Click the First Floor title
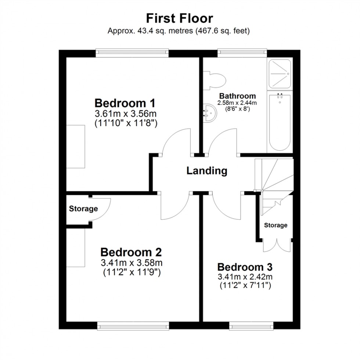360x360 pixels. (x=180, y=18)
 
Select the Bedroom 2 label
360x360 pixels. (x=131, y=253)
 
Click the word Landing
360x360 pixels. (x=207, y=171)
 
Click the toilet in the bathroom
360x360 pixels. (x=215, y=80)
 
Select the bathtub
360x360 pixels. (x=280, y=122)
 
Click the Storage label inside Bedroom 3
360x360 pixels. (x=276, y=225)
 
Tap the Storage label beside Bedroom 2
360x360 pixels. (x=83, y=209)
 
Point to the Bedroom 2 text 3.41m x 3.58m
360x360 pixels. (x=131, y=263)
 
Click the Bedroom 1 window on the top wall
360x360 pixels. (x=132, y=53)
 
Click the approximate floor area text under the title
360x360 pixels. (x=179, y=31)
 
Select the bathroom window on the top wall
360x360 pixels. (x=241, y=53)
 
